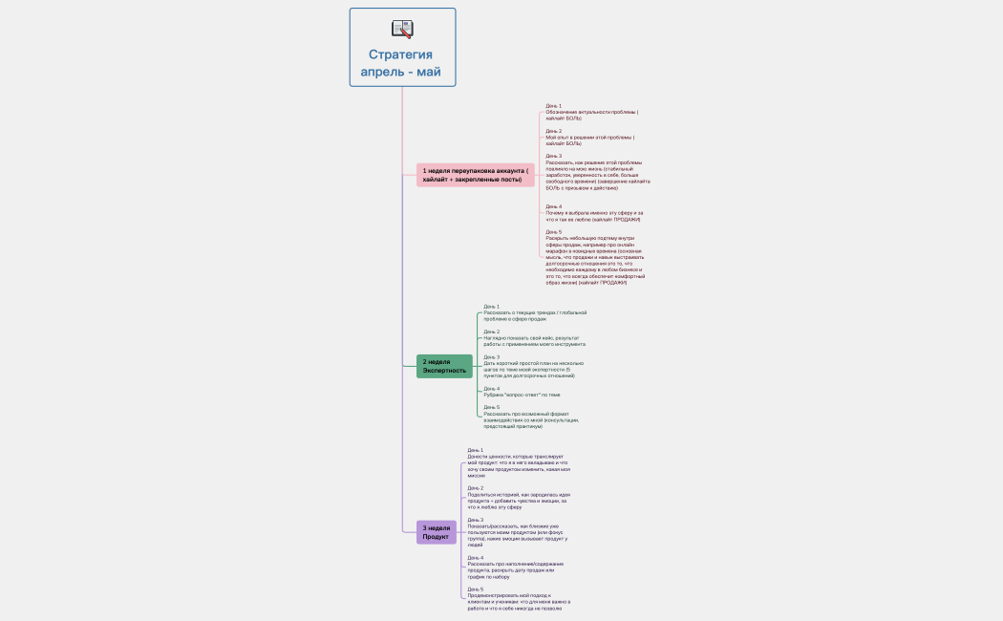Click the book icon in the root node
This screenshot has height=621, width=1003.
click(402, 29)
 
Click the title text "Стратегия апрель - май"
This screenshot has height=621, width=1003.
click(401, 63)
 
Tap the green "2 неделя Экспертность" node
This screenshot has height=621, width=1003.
click(444, 366)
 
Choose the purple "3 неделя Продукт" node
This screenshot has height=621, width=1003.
click(436, 532)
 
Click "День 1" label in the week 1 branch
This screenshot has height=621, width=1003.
click(554, 106)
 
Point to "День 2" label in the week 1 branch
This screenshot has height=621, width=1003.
click(554, 131)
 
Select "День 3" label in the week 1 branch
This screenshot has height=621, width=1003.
click(554, 156)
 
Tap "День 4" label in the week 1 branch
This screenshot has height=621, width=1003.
click(554, 206)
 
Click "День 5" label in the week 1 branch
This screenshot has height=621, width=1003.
click(554, 231)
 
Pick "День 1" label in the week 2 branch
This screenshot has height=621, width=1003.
click(492, 307)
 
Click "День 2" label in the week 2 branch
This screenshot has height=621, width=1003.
click(492, 332)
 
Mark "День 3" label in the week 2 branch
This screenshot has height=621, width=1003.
click(492, 357)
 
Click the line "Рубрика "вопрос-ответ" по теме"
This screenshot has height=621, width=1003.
click(522, 395)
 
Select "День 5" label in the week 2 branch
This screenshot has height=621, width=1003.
click(492, 407)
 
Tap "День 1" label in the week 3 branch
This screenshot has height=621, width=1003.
click(476, 450)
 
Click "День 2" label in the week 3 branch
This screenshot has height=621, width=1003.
click(476, 488)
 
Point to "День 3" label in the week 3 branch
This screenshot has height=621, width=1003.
click(476, 520)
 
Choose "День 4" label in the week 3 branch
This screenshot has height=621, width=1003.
click(476, 558)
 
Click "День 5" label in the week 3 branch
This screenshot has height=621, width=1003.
click(476, 589)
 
